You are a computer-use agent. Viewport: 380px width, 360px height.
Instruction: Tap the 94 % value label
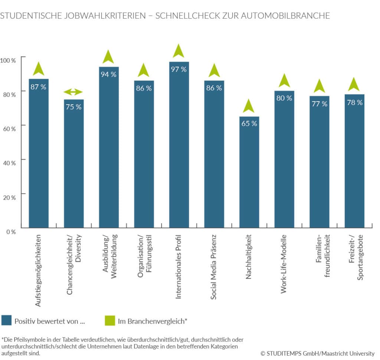108,74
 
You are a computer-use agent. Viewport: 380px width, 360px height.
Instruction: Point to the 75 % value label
73,107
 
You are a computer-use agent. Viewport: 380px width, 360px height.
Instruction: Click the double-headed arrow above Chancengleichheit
73,92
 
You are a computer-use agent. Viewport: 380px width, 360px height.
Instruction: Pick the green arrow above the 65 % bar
249,106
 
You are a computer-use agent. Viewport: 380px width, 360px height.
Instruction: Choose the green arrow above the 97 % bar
178,51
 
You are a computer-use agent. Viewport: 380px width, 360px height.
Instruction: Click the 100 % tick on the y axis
8,60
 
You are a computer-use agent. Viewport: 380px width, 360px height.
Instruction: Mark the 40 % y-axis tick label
8,163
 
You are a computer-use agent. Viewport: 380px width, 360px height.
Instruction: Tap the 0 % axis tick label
10,232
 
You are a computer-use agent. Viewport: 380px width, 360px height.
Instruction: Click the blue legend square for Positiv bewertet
6,320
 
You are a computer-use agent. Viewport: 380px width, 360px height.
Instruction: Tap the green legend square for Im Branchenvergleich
110,320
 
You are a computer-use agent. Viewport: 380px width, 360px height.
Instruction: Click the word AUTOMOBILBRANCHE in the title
285,16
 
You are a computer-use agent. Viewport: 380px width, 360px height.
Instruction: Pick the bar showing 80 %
284,159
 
